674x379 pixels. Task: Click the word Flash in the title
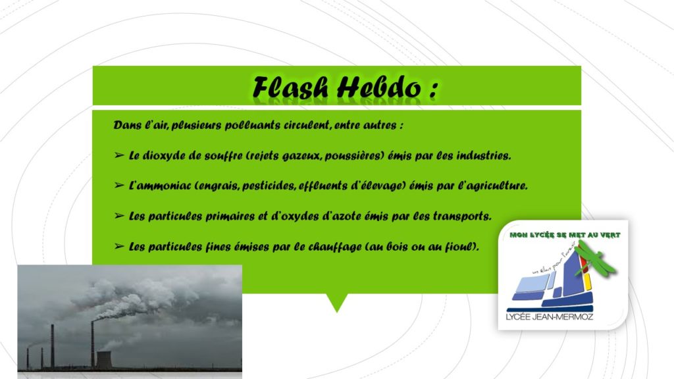[290, 88]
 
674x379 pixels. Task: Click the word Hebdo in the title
[378, 88]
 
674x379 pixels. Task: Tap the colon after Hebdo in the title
[433, 89]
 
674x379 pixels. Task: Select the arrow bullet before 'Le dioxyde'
[119, 155]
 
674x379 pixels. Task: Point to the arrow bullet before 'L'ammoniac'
[119, 185]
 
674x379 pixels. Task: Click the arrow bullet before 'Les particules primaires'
[119, 216]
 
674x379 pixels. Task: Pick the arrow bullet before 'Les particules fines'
[119, 246]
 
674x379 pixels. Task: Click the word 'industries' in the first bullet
[483, 155]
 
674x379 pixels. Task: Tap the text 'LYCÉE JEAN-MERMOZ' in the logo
[550, 317]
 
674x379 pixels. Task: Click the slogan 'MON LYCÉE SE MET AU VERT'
[565, 235]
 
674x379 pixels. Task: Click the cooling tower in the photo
[105, 359]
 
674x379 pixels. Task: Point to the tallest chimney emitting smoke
[92, 344]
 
